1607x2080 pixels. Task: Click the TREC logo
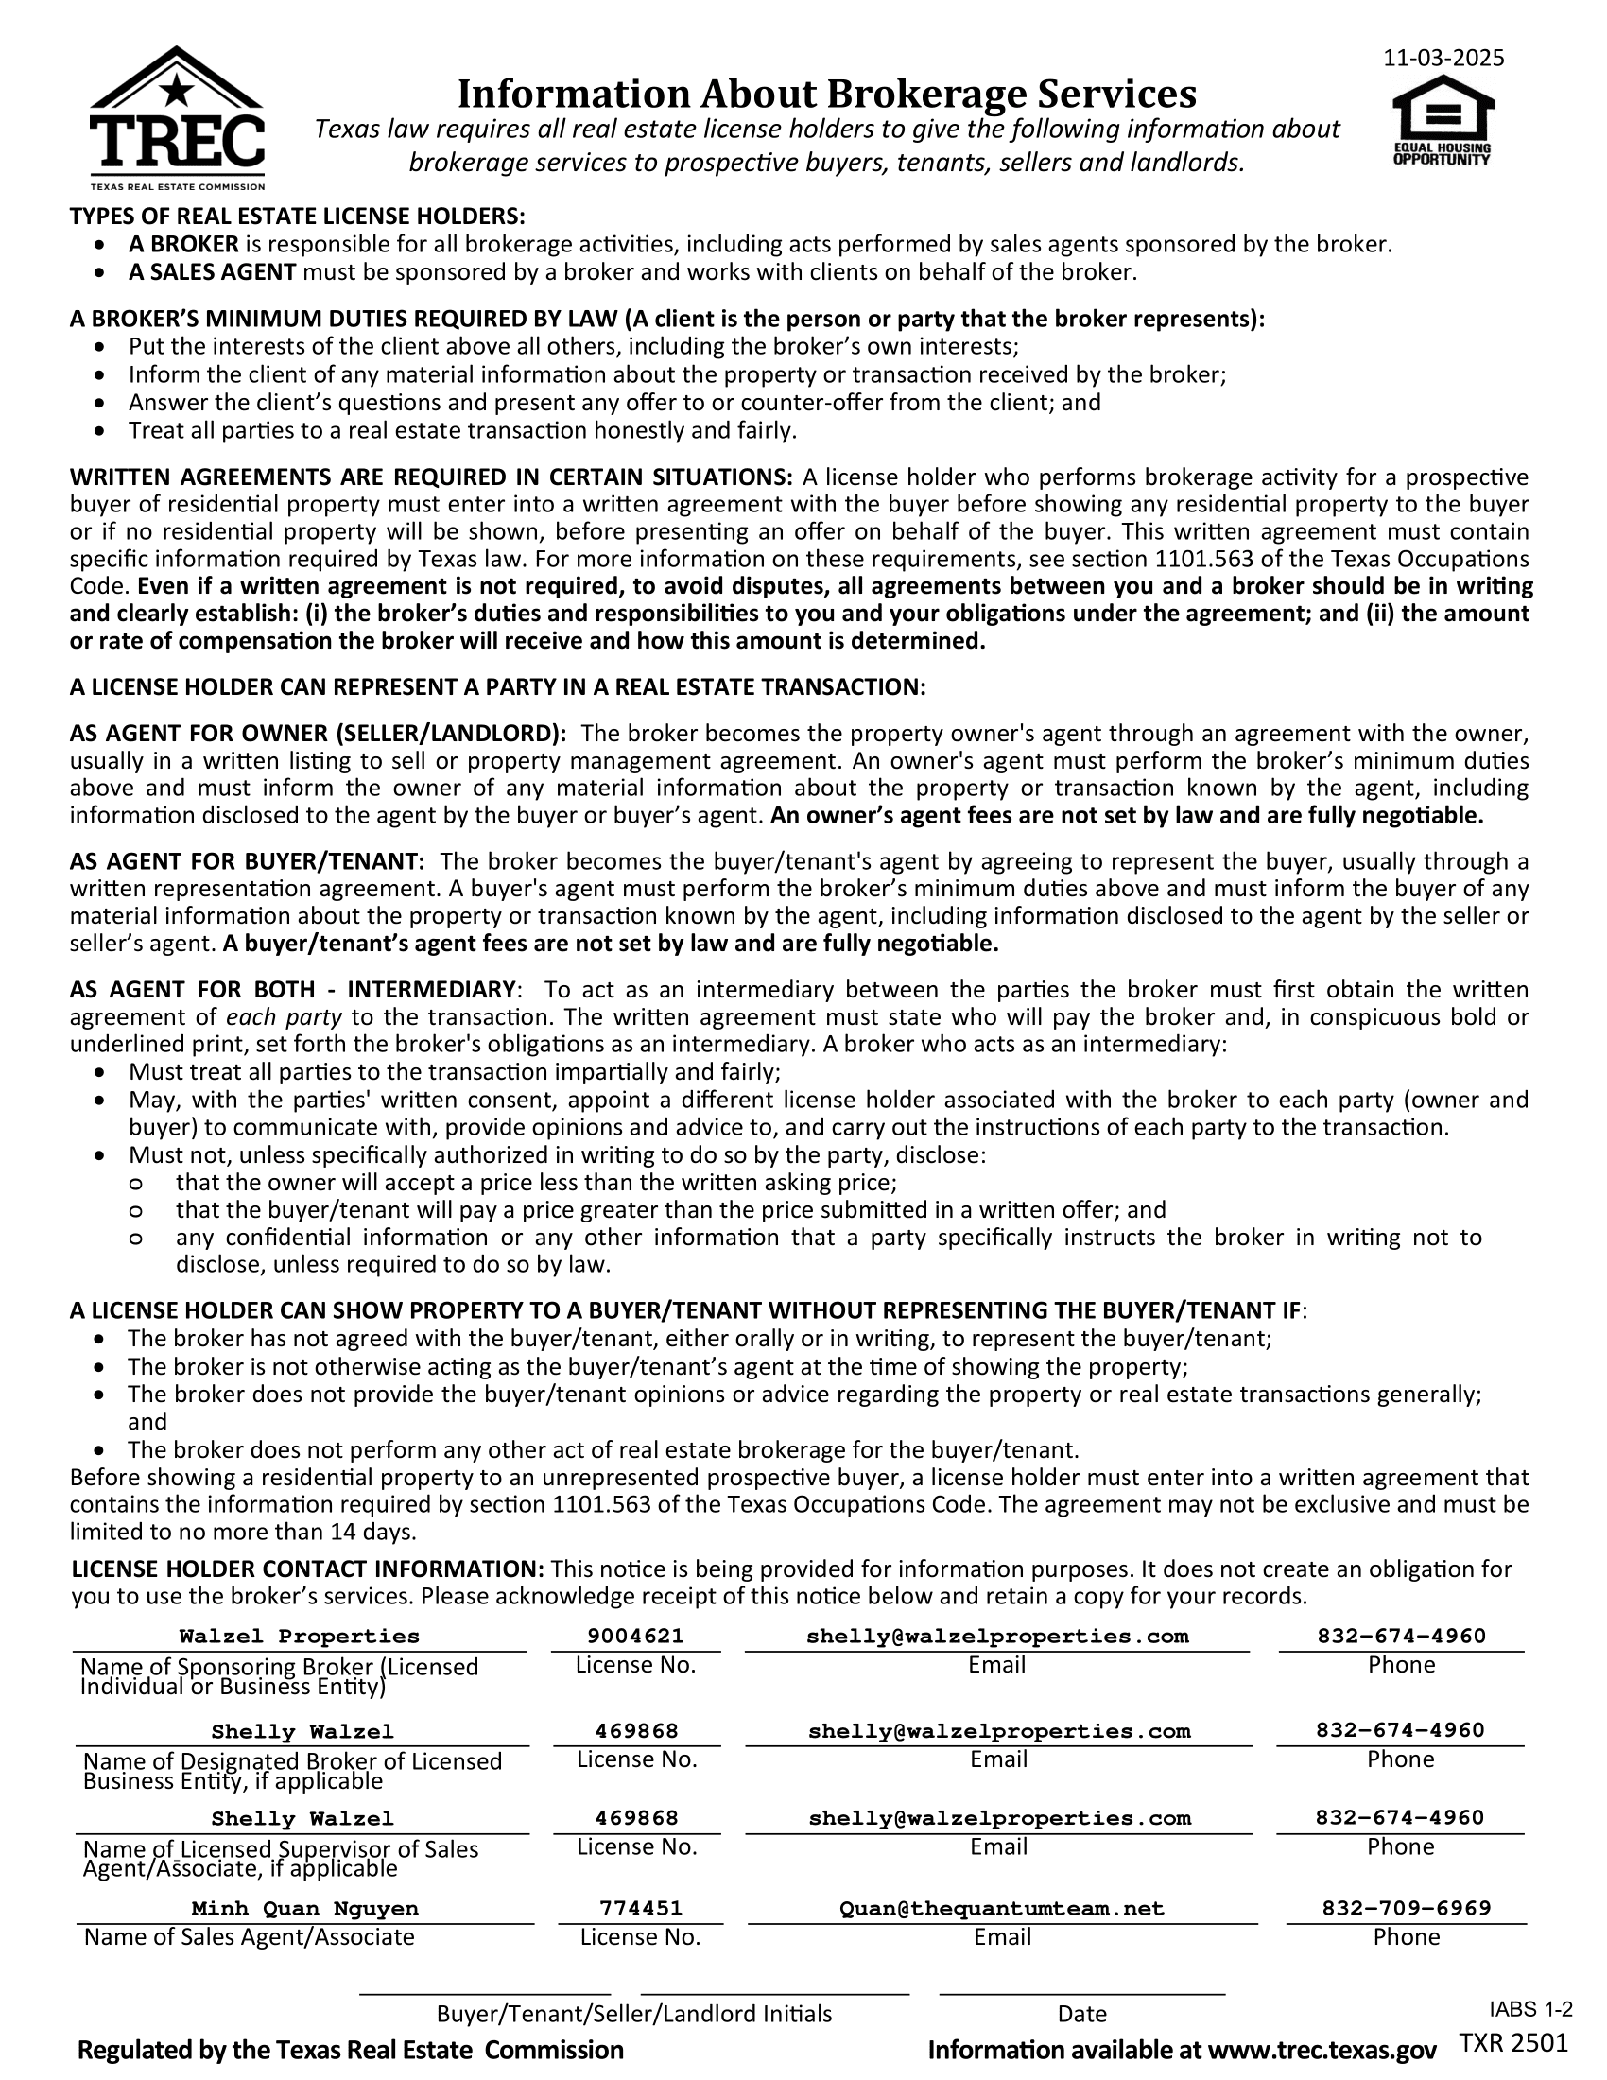[x=177, y=118]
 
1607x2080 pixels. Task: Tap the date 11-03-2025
[x=1443, y=58]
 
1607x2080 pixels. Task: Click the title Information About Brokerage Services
[x=826, y=94]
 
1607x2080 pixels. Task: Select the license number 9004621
[x=635, y=1637]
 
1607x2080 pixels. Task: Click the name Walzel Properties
[x=299, y=1637]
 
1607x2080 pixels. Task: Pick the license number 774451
[x=641, y=1909]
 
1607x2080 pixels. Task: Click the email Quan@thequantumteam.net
[x=1001, y=1909]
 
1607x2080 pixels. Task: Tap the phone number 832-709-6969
[x=1407, y=1909]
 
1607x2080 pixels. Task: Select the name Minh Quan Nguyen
[x=304, y=1909]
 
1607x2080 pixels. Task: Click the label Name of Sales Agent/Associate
[x=250, y=1937]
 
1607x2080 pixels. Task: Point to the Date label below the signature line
[x=1081, y=2013]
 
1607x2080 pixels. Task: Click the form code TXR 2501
[x=1512, y=2042]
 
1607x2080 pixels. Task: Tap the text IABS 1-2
[x=1529, y=2009]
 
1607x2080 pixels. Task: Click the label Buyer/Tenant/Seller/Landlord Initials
[x=634, y=2013]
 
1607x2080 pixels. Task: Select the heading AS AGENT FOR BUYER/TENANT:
[x=247, y=862]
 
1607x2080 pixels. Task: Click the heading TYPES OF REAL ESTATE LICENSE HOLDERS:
[x=297, y=217]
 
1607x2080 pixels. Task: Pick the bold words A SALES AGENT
[x=213, y=272]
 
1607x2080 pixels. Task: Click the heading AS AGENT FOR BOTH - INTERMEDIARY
[x=293, y=990]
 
